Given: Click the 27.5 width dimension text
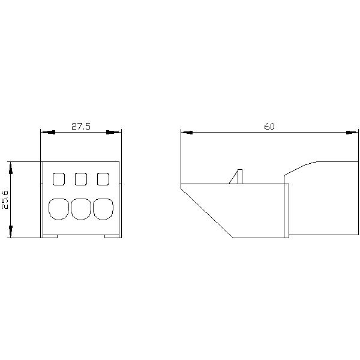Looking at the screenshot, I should [x=81, y=127].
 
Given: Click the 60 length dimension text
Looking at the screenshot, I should [x=269, y=127].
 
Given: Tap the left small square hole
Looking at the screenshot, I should [x=59, y=178].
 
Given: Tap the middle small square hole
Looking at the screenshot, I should [x=81, y=178].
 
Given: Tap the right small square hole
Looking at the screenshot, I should [x=103, y=178].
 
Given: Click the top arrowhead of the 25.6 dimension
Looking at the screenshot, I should [x=11, y=167].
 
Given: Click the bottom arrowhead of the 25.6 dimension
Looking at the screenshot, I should [x=11, y=232].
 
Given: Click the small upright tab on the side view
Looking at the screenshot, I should [x=238, y=176].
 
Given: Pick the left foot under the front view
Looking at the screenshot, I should [x=50, y=236].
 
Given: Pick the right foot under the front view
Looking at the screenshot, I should [x=112, y=236].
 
